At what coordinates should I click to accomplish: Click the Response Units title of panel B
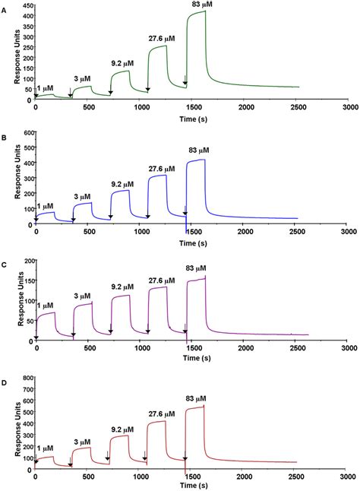pos(8,178)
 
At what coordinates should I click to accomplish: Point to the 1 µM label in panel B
pos(45,206)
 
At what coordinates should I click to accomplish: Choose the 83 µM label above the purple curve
pos(196,268)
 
